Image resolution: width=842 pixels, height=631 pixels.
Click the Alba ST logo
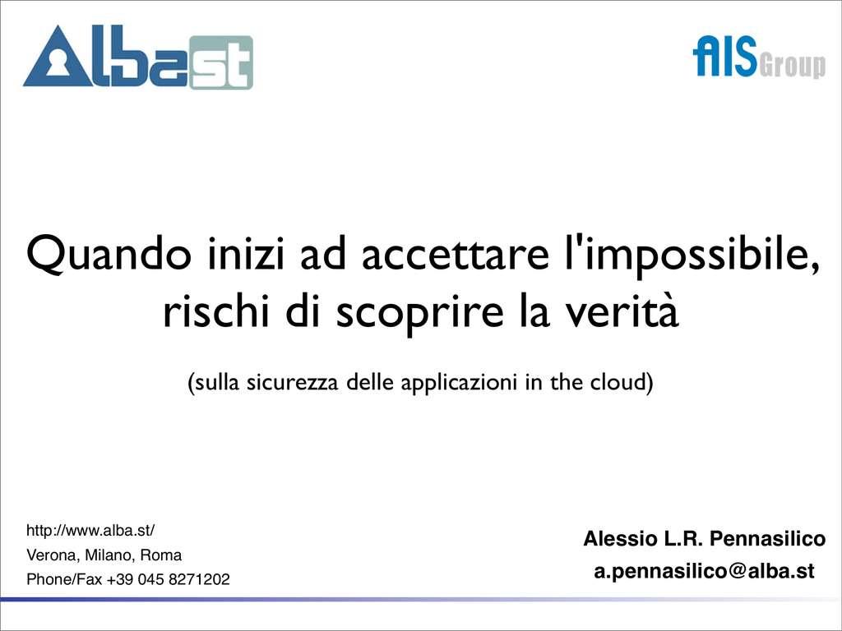tap(138, 58)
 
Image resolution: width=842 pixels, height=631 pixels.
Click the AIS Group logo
tap(759, 57)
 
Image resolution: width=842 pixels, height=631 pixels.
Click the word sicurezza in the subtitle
tap(292, 382)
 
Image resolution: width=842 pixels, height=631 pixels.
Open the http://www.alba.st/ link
tap(90, 531)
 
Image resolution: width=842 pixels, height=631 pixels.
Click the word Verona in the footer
tap(52, 555)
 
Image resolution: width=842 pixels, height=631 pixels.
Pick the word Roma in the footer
tap(161, 555)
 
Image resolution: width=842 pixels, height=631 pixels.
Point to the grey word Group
tap(793, 67)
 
